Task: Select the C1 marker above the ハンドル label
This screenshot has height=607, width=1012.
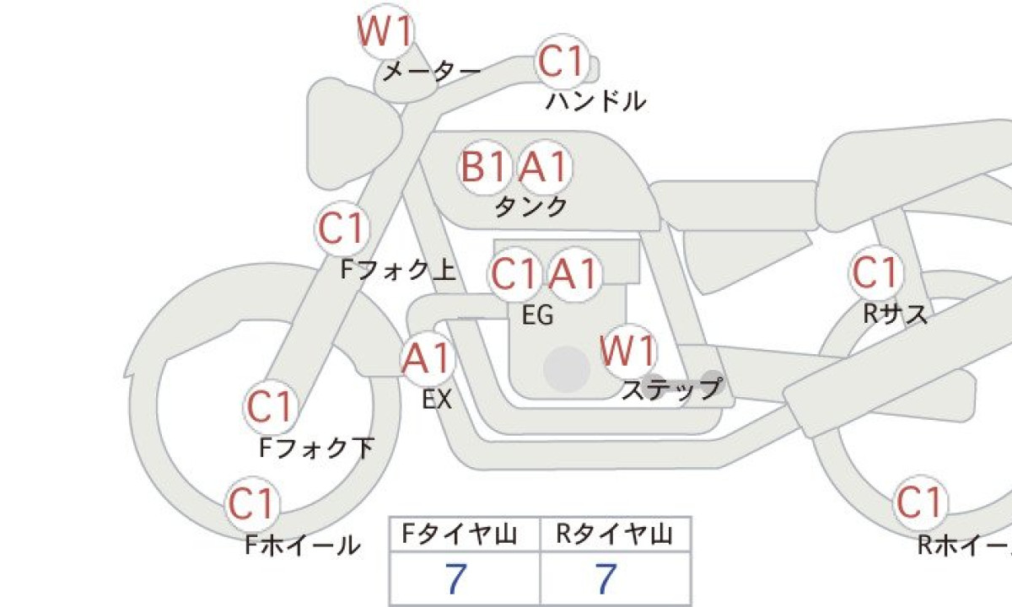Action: click(562, 63)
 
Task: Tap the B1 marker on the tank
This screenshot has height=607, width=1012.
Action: click(485, 168)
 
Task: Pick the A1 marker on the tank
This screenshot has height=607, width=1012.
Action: click(544, 168)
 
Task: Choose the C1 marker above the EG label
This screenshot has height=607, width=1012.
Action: click(514, 274)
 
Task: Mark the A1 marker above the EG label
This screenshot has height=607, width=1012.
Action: click(575, 274)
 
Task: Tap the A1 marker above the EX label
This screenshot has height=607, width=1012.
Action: click(428, 359)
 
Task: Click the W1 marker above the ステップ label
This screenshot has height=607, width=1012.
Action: click(628, 351)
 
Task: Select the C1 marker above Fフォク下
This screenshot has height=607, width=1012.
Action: click(270, 407)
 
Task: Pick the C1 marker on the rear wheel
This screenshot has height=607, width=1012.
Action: click(919, 503)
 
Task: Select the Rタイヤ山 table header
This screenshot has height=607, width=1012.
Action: click(615, 534)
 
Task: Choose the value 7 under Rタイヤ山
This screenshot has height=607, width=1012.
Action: click(606, 580)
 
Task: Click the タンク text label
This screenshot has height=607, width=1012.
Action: click(530, 207)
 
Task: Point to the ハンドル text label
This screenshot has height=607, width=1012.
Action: click(596, 102)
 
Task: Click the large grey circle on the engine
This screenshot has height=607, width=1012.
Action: click(566, 368)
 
